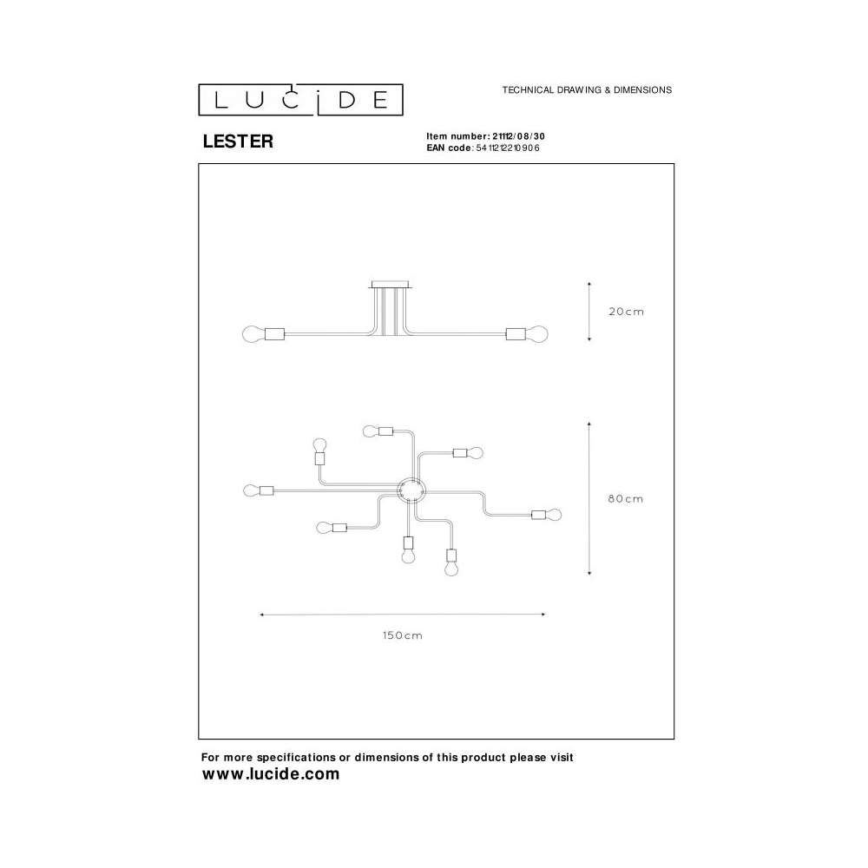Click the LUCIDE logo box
point(300,100)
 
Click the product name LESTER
point(238,141)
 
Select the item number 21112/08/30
point(519,136)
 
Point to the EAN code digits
point(508,148)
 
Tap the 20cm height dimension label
point(626,312)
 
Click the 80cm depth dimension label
point(626,499)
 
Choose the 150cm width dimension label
point(403,635)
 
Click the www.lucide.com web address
point(271,773)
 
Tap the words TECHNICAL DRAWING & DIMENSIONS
point(587,89)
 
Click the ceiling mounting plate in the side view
point(391,285)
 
